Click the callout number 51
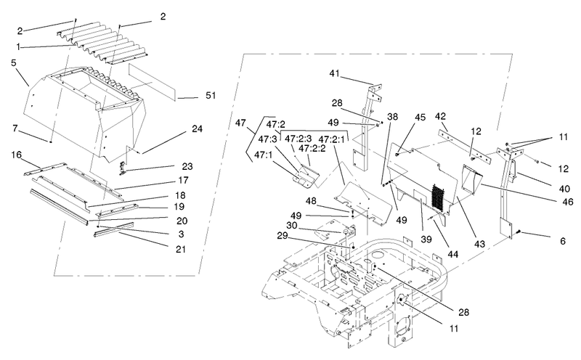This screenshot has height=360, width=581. click(211, 96)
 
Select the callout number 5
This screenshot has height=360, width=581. click(14, 62)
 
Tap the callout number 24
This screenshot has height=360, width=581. click(197, 128)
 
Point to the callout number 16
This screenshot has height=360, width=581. click(16, 155)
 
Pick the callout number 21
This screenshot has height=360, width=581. click(180, 249)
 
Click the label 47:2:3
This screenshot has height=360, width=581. click(298, 139)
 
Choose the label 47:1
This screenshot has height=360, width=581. click(264, 155)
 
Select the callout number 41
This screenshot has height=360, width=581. click(334, 73)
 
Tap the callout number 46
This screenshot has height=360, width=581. click(568, 202)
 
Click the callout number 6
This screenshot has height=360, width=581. click(563, 241)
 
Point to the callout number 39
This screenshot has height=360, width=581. click(426, 240)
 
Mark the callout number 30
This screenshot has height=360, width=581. click(292, 225)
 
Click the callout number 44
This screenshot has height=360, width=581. click(452, 254)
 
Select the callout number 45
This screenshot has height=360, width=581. click(420, 117)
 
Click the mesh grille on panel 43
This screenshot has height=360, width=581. click(439, 198)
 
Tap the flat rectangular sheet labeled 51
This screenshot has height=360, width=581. click(152, 82)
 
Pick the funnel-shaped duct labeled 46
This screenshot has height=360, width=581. click(471, 179)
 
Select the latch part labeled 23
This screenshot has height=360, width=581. click(123, 168)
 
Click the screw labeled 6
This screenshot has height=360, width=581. click(518, 232)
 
